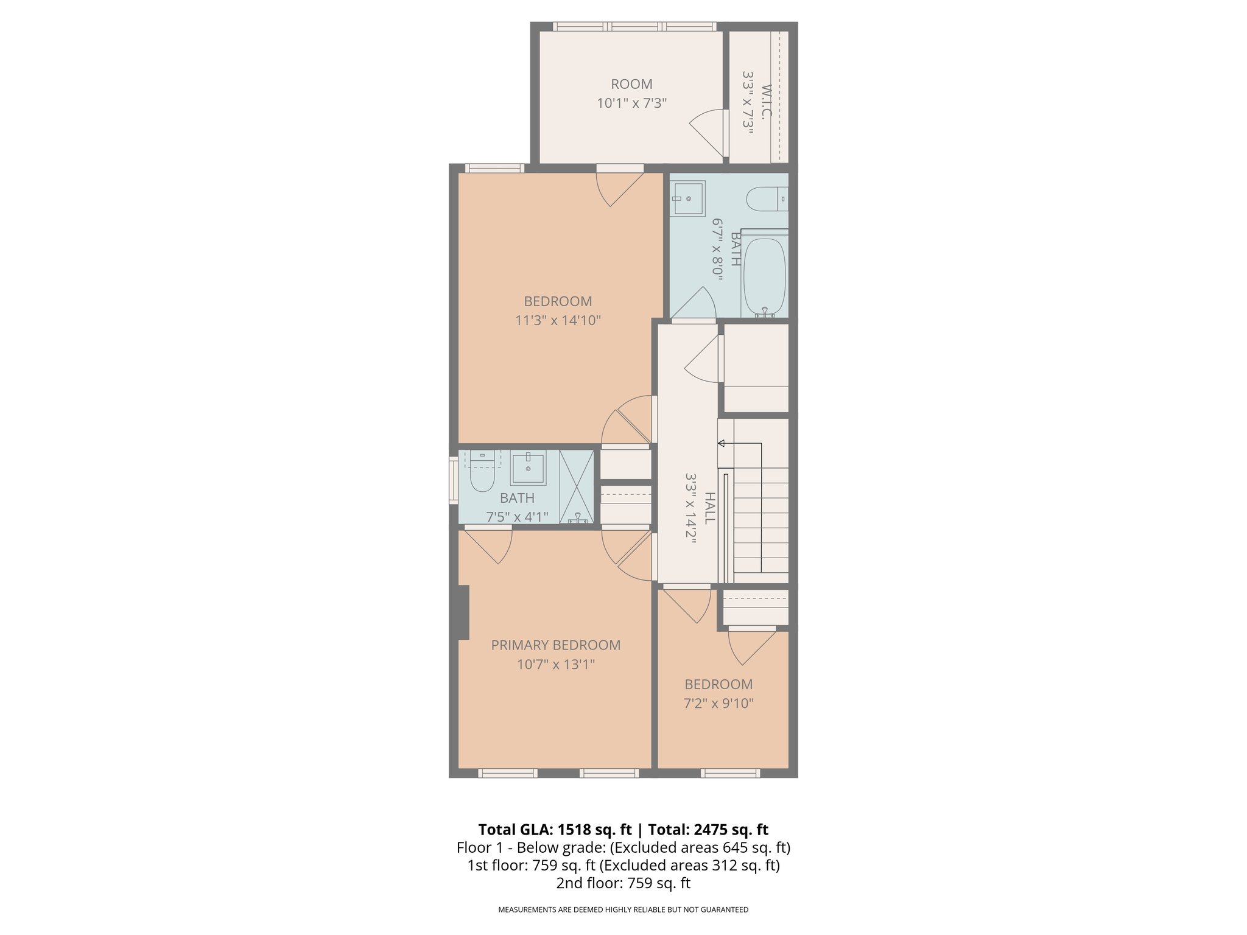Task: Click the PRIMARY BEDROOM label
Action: pyautogui.click(x=555, y=645)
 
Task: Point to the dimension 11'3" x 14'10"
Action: pyautogui.click(x=558, y=320)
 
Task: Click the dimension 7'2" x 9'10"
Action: pyautogui.click(x=718, y=704)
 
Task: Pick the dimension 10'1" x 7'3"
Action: pyautogui.click(x=631, y=103)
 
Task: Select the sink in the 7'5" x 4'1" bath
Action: pyautogui.click(x=527, y=468)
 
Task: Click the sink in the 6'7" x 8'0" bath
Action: pyautogui.click(x=689, y=198)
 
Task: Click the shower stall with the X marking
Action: pyautogui.click(x=576, y=486)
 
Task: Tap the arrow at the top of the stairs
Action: pyautogui.click(x=722, y=443)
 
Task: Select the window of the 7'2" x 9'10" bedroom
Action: pyautogui.click(x=730, y=773)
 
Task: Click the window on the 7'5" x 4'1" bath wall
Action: pyautogui.click(x=453, y=480)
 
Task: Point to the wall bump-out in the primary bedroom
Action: pyautogui.click(x=462, y=612)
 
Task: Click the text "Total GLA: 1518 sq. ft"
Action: pyautogui.click(x=555, y=830)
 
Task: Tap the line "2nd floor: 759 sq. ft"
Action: pyautogui.click(x=623, y=883)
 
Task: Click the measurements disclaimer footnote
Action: pyautogui.click(x=623, y=909)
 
